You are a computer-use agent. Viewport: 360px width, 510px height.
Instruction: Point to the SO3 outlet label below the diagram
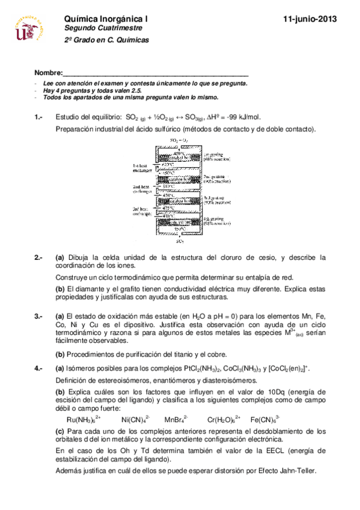pos(180,241)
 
